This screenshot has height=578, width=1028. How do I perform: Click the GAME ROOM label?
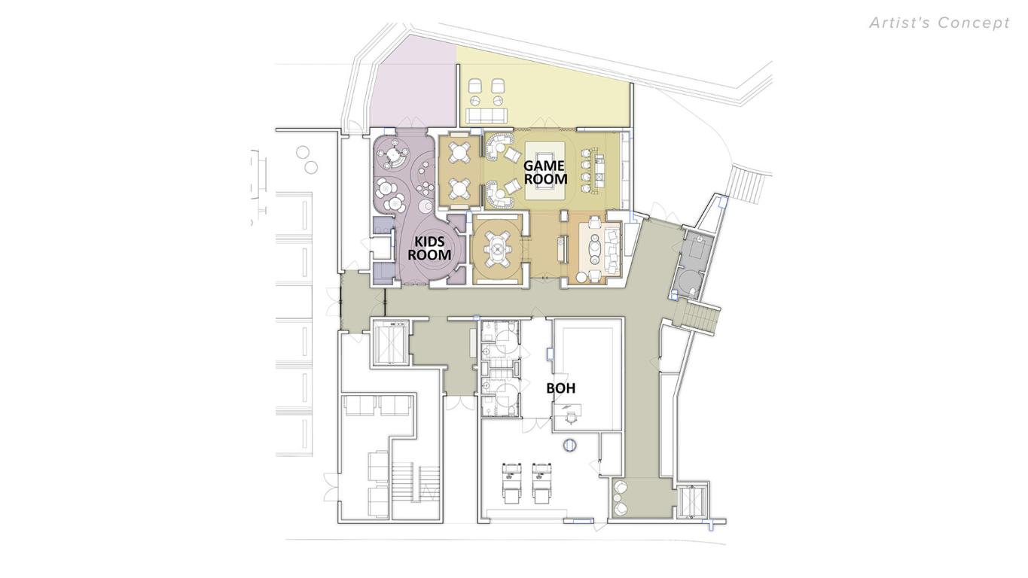point(545,172)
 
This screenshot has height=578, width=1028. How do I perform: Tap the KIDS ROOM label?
point(429,248)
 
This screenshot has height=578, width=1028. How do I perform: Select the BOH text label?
point(561,388)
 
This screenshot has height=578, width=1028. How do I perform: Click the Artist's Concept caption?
point(939,23)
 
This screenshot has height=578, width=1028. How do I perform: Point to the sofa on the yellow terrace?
point(486,115)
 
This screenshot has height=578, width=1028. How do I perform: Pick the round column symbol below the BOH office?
point(570,446)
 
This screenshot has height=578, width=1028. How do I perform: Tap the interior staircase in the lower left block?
point(415,482)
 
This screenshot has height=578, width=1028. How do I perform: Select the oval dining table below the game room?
point(498,247)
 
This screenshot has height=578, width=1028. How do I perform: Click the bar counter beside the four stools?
point(600,171)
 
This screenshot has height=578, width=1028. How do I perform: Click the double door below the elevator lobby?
point(459,402)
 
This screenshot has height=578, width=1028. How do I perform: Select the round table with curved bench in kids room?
point(393,157)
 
